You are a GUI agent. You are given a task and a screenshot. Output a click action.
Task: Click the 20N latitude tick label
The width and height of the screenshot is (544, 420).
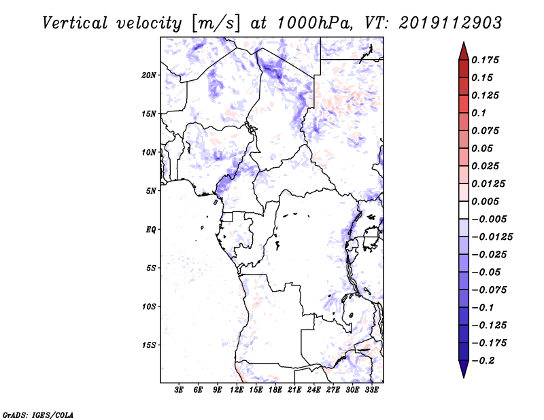point(150,75)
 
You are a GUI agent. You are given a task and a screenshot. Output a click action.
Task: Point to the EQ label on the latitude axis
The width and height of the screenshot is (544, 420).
point(151,230)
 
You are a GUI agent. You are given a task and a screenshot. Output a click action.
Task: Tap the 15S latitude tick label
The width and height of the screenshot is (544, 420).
point(150,345)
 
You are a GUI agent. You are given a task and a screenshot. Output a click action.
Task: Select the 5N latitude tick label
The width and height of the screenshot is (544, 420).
point(151,191)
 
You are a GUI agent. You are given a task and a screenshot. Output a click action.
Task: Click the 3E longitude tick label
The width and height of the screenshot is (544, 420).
point(180,391)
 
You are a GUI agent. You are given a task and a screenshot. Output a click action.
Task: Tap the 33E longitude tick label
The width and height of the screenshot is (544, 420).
point(371,391)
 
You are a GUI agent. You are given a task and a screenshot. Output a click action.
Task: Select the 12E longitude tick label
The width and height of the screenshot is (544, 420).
point(237,391)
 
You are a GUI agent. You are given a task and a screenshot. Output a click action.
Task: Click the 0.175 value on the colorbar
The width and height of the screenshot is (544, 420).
point(486,60)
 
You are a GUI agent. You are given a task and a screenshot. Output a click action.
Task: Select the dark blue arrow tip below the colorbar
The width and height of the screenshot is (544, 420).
point(462,372)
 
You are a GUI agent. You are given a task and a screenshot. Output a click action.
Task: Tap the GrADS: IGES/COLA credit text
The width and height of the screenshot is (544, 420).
point(29,414)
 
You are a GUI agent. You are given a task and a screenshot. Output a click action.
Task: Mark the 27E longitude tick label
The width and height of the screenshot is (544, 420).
point(333,391)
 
